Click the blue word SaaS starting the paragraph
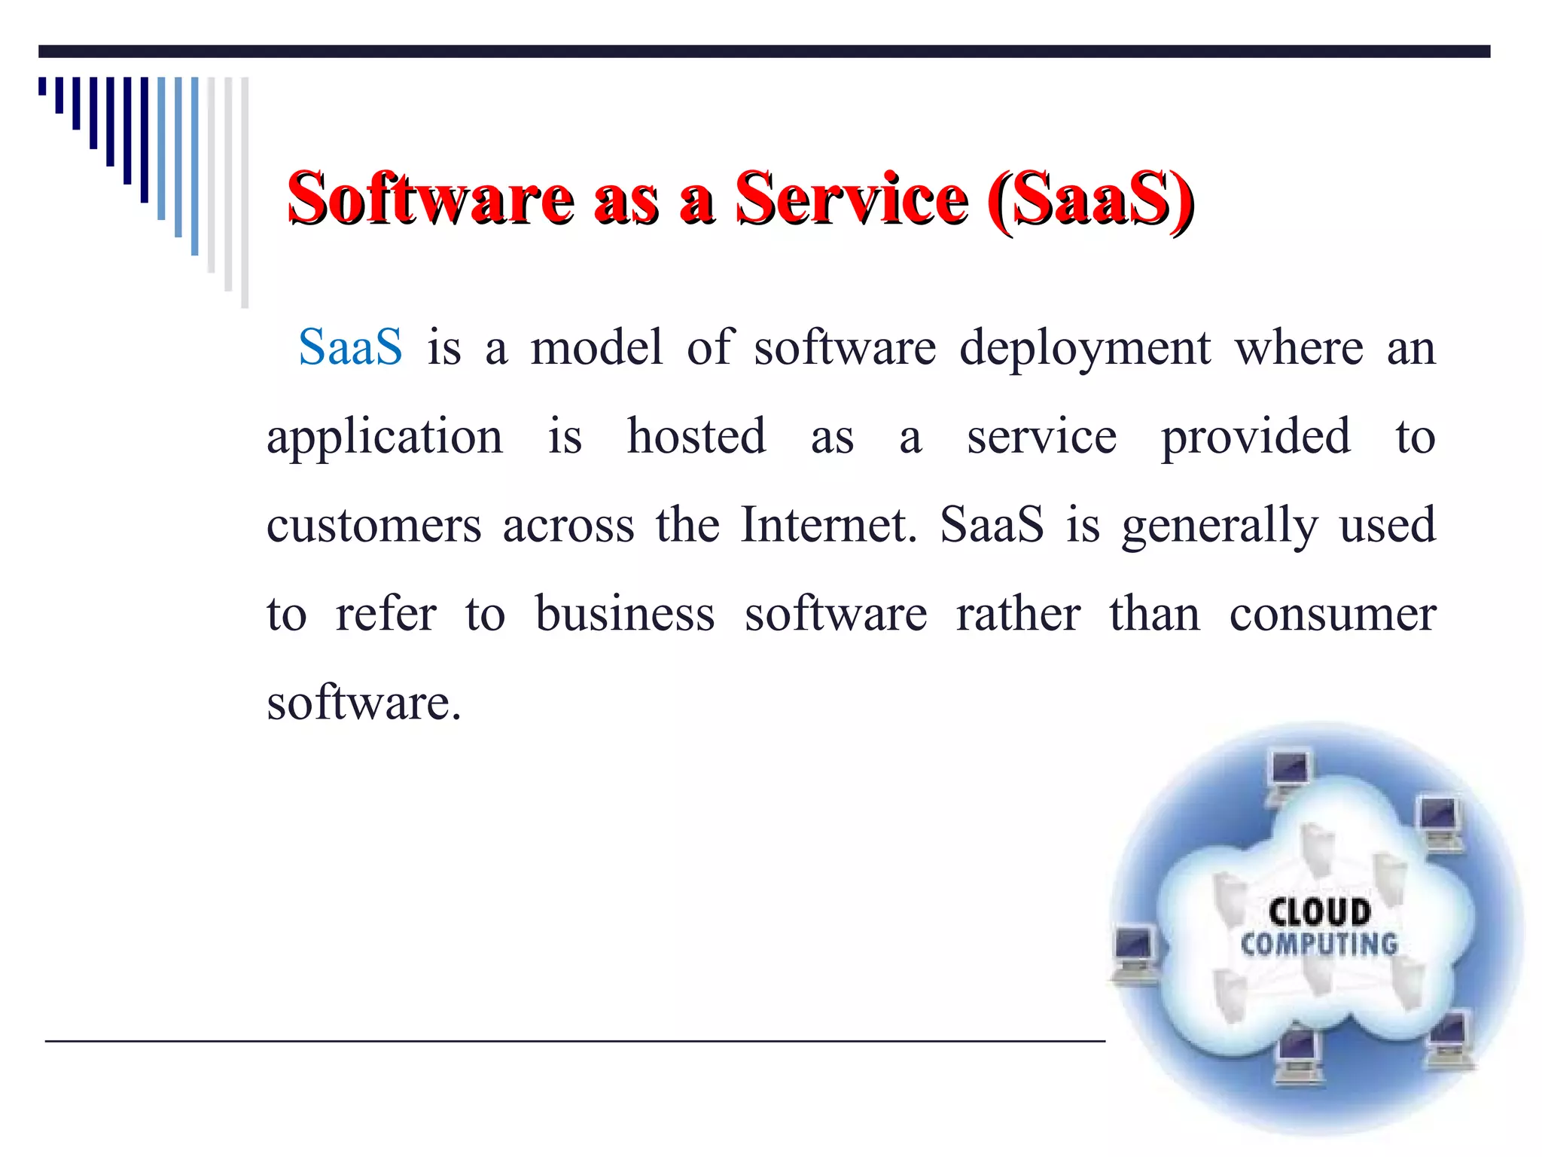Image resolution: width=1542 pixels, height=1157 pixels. coord(350,347)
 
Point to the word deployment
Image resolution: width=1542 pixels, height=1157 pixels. coord(1085,349)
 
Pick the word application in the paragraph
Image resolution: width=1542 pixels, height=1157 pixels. coord(385,437)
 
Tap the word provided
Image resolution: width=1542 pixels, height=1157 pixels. coord(1255,437)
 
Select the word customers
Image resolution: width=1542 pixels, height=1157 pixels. coord(373,525)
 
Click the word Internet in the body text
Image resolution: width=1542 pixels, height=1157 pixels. coord(828,524)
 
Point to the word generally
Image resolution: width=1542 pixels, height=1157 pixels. coord(1220,526)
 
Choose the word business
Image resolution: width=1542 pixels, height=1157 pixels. coord(625,613)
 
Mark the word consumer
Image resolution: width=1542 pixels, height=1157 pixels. coord(1333,615)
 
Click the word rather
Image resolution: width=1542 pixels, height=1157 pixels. coord(1018,613)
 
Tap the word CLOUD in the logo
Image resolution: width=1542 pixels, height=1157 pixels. coord(1319,911)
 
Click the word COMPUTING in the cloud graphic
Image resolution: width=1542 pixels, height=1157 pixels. coord(1319,944)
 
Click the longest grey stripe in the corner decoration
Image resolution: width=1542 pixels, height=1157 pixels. coord(245,192)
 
